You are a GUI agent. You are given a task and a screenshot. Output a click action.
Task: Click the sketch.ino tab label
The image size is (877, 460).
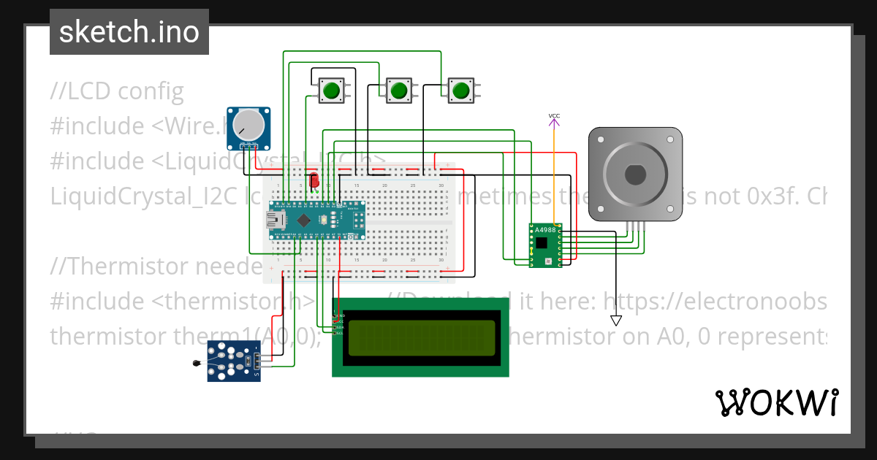point(129,32)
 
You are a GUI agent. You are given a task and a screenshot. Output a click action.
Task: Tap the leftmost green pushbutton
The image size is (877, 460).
point(331,91)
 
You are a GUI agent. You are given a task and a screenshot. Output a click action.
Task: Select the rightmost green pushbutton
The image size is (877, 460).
point(460,91)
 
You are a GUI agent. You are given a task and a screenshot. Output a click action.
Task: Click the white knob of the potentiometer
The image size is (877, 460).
point(248,126)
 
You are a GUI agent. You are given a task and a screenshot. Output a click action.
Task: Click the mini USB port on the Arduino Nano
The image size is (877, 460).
point(277,219)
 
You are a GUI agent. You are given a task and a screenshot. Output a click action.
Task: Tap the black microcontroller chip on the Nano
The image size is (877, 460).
point(305,219)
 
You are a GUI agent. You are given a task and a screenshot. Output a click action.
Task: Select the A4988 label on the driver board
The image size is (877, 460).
point(545,230)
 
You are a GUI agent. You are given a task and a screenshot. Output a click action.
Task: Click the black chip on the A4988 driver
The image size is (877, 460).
point(542,243)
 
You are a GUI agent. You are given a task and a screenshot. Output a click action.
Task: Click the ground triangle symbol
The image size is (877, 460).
point(616,321)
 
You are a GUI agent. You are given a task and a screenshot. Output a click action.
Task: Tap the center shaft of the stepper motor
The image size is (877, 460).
point(634,175)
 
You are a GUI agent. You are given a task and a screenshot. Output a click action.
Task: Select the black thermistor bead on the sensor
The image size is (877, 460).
point(195,363)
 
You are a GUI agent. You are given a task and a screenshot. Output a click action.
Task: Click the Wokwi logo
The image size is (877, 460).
point(776,402)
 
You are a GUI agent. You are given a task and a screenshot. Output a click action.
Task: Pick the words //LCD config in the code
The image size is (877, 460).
point(117,91)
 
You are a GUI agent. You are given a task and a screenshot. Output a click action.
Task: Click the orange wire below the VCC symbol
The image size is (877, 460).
point(554,175)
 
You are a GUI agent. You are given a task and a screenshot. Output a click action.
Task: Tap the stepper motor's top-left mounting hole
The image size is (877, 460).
point(601,138)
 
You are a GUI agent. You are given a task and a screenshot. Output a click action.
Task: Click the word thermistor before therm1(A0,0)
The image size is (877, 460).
point(98,336)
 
